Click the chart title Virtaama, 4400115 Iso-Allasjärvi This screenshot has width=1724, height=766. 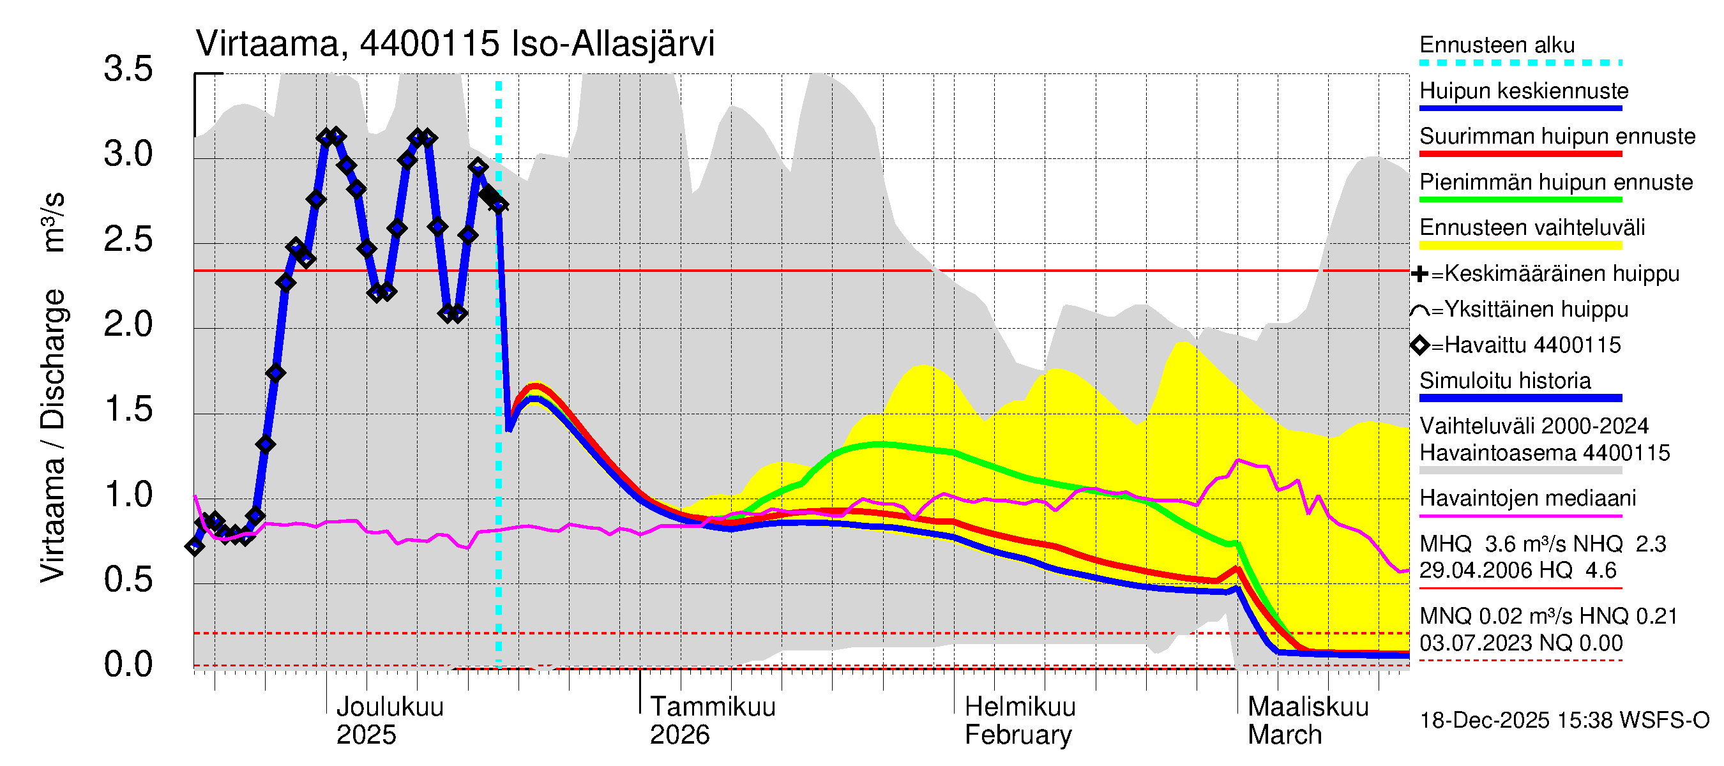455,44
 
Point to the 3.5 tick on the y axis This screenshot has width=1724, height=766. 128,70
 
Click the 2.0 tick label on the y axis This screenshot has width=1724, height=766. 128,325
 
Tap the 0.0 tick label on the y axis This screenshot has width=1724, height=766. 128,665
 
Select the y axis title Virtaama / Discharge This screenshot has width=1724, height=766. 52,435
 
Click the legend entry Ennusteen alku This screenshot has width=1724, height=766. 1497,45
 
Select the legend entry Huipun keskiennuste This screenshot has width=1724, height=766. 1524,91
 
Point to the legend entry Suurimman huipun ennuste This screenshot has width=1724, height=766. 1557,137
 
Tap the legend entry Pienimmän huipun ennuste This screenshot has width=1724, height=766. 1556,182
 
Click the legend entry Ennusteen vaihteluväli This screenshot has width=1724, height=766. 1532,227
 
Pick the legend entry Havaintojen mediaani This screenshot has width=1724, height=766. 1527,499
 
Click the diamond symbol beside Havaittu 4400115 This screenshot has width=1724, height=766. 1419,345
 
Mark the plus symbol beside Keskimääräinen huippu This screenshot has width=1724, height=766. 1419,274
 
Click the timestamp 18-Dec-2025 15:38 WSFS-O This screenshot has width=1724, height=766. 1564,721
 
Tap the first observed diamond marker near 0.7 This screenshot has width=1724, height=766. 195,547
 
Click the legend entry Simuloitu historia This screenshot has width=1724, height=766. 1504,380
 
